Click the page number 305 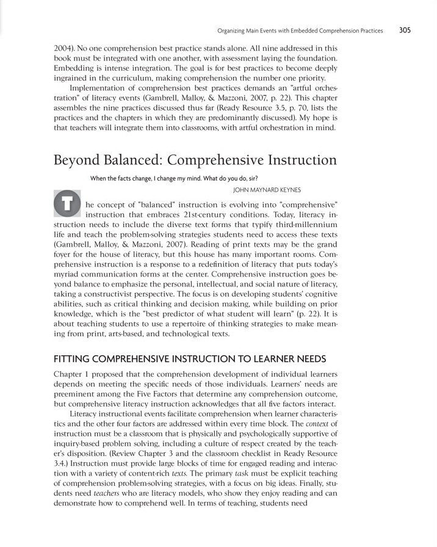(405, 29)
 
